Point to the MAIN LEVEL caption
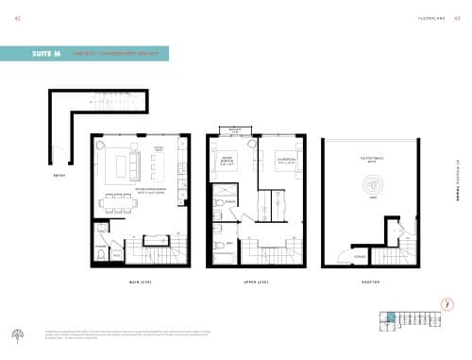(141, 283)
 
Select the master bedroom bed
(224, 163)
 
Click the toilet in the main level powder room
(102, 232)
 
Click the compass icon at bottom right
(446, 303)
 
